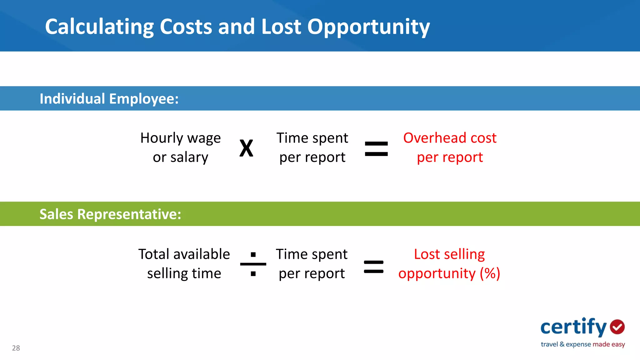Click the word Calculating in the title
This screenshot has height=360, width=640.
(99, 27)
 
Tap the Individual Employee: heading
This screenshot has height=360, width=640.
(109, 99)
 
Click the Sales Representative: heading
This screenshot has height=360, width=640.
(110, 214)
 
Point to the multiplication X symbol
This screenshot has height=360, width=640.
(246, 148)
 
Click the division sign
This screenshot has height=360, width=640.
(253, 264)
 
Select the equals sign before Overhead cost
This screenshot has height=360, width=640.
(376, 149)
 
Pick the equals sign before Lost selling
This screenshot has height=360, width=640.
(374, 267)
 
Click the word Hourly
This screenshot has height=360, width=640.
(162, 138)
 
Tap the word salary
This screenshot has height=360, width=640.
(189, 157)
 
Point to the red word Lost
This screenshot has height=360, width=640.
(427, 254)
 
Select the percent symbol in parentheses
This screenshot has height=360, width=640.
(490, 273)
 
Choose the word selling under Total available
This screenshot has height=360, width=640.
(167, 273)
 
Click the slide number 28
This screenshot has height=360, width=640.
(16, 348)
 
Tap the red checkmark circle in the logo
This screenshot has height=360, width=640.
(617, 327)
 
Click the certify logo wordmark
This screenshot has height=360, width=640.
(573, 327)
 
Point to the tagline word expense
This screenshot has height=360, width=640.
(578, 344)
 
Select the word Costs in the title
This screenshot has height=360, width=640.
(186, 27)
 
